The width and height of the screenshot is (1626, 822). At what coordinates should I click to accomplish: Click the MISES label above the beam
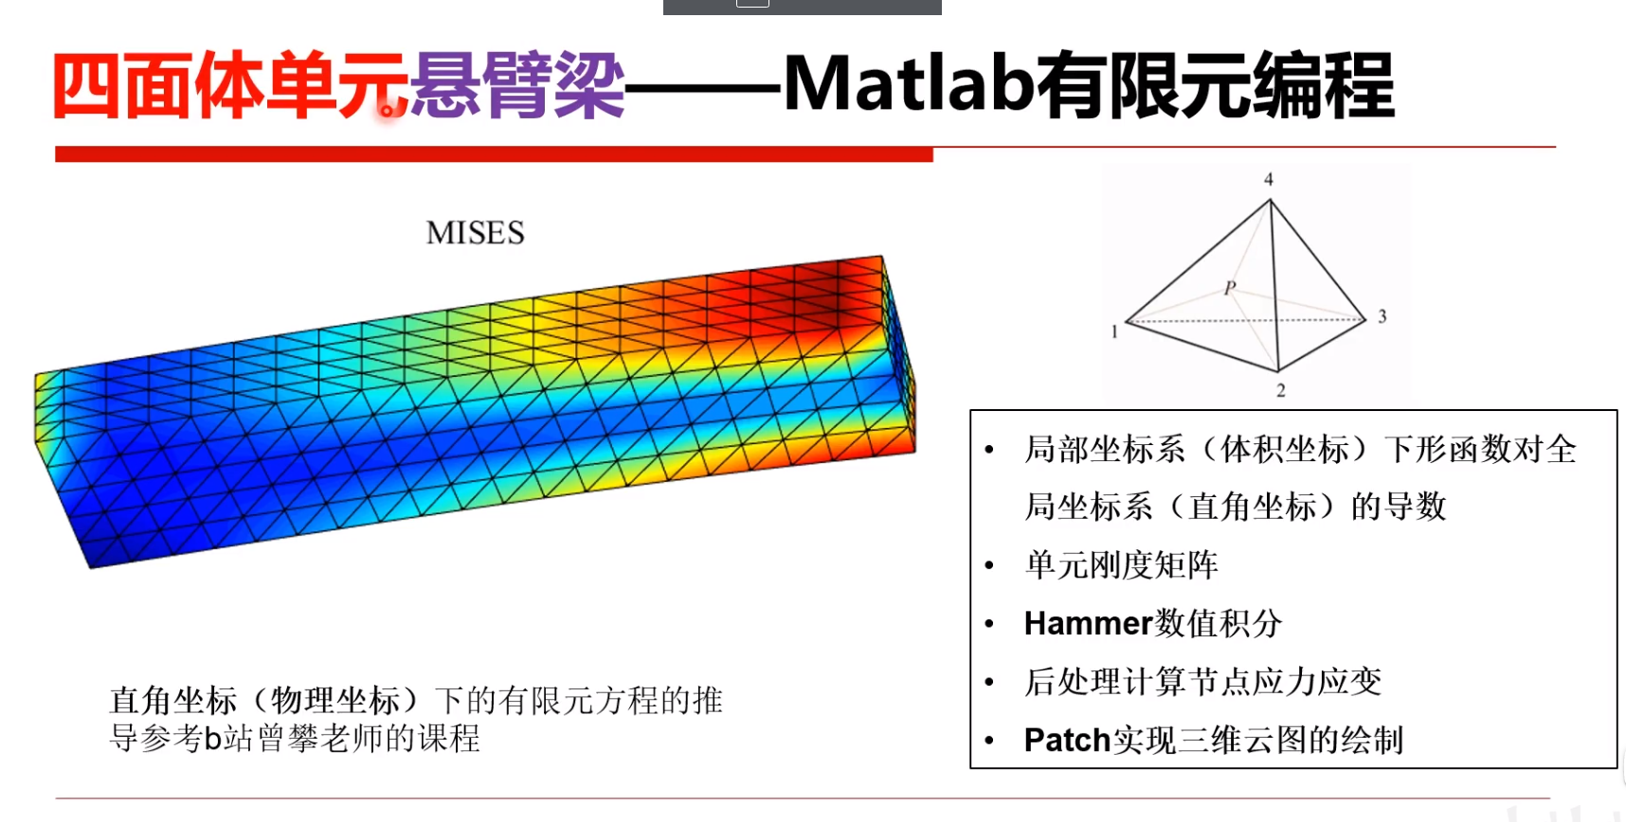pyautogui.click(x=475, y=233)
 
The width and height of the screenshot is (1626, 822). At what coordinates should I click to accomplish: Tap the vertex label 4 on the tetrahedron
pyautogui.click(x=1269, y=180)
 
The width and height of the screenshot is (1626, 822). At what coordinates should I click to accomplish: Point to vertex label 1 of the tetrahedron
pyautogui.click(x=1114, y=331)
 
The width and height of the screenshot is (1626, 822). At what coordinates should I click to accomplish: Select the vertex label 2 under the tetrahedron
pyautogui.click(x=1280, y=390)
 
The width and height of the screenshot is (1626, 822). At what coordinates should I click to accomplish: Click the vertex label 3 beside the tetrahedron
pyautogui.click(x=1382, y=316)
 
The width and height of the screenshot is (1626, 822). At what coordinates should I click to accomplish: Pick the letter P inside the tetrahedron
pyautogui.click(x=1230, y=287)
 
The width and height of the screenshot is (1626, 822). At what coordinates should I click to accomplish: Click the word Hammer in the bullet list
pyautogui.click(x=1088, y=623)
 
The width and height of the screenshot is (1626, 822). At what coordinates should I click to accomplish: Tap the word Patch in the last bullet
pyautogui.click(x=1067, y=740)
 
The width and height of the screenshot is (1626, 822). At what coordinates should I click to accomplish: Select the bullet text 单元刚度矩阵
pyautogui.click(x=1121, y=565)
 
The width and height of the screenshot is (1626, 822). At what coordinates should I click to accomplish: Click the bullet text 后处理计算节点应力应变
pyautogui.click(x=1202, y=681)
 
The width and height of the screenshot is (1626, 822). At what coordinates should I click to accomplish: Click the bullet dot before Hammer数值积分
pyautogui.click(x=989, y=624)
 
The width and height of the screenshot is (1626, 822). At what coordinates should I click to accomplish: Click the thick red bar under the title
pyautogui.click(x=493, y=154)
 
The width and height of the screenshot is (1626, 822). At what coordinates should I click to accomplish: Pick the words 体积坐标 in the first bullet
pyautogui.click(x=1284, y=449)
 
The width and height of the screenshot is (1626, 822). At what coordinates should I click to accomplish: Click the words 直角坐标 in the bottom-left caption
pyautogui.click(x=173, y=701)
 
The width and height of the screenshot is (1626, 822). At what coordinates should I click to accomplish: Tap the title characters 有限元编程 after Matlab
pyautogui.click(x=1215, y=85)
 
